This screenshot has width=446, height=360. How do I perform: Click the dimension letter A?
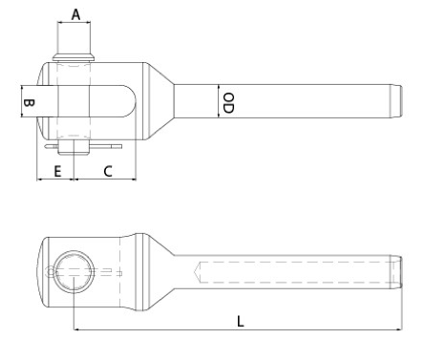75,14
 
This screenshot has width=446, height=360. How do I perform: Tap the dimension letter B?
30,103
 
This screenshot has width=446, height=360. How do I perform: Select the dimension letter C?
108,171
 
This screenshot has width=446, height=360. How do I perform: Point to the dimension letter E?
57,171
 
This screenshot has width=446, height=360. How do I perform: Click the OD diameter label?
228,103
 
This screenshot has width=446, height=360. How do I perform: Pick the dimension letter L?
241,322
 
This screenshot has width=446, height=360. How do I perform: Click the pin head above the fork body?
74,57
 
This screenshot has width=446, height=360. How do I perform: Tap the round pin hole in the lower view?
74,271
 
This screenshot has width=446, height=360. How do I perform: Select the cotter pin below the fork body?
83,146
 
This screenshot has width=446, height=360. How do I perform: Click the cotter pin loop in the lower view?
51,272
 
